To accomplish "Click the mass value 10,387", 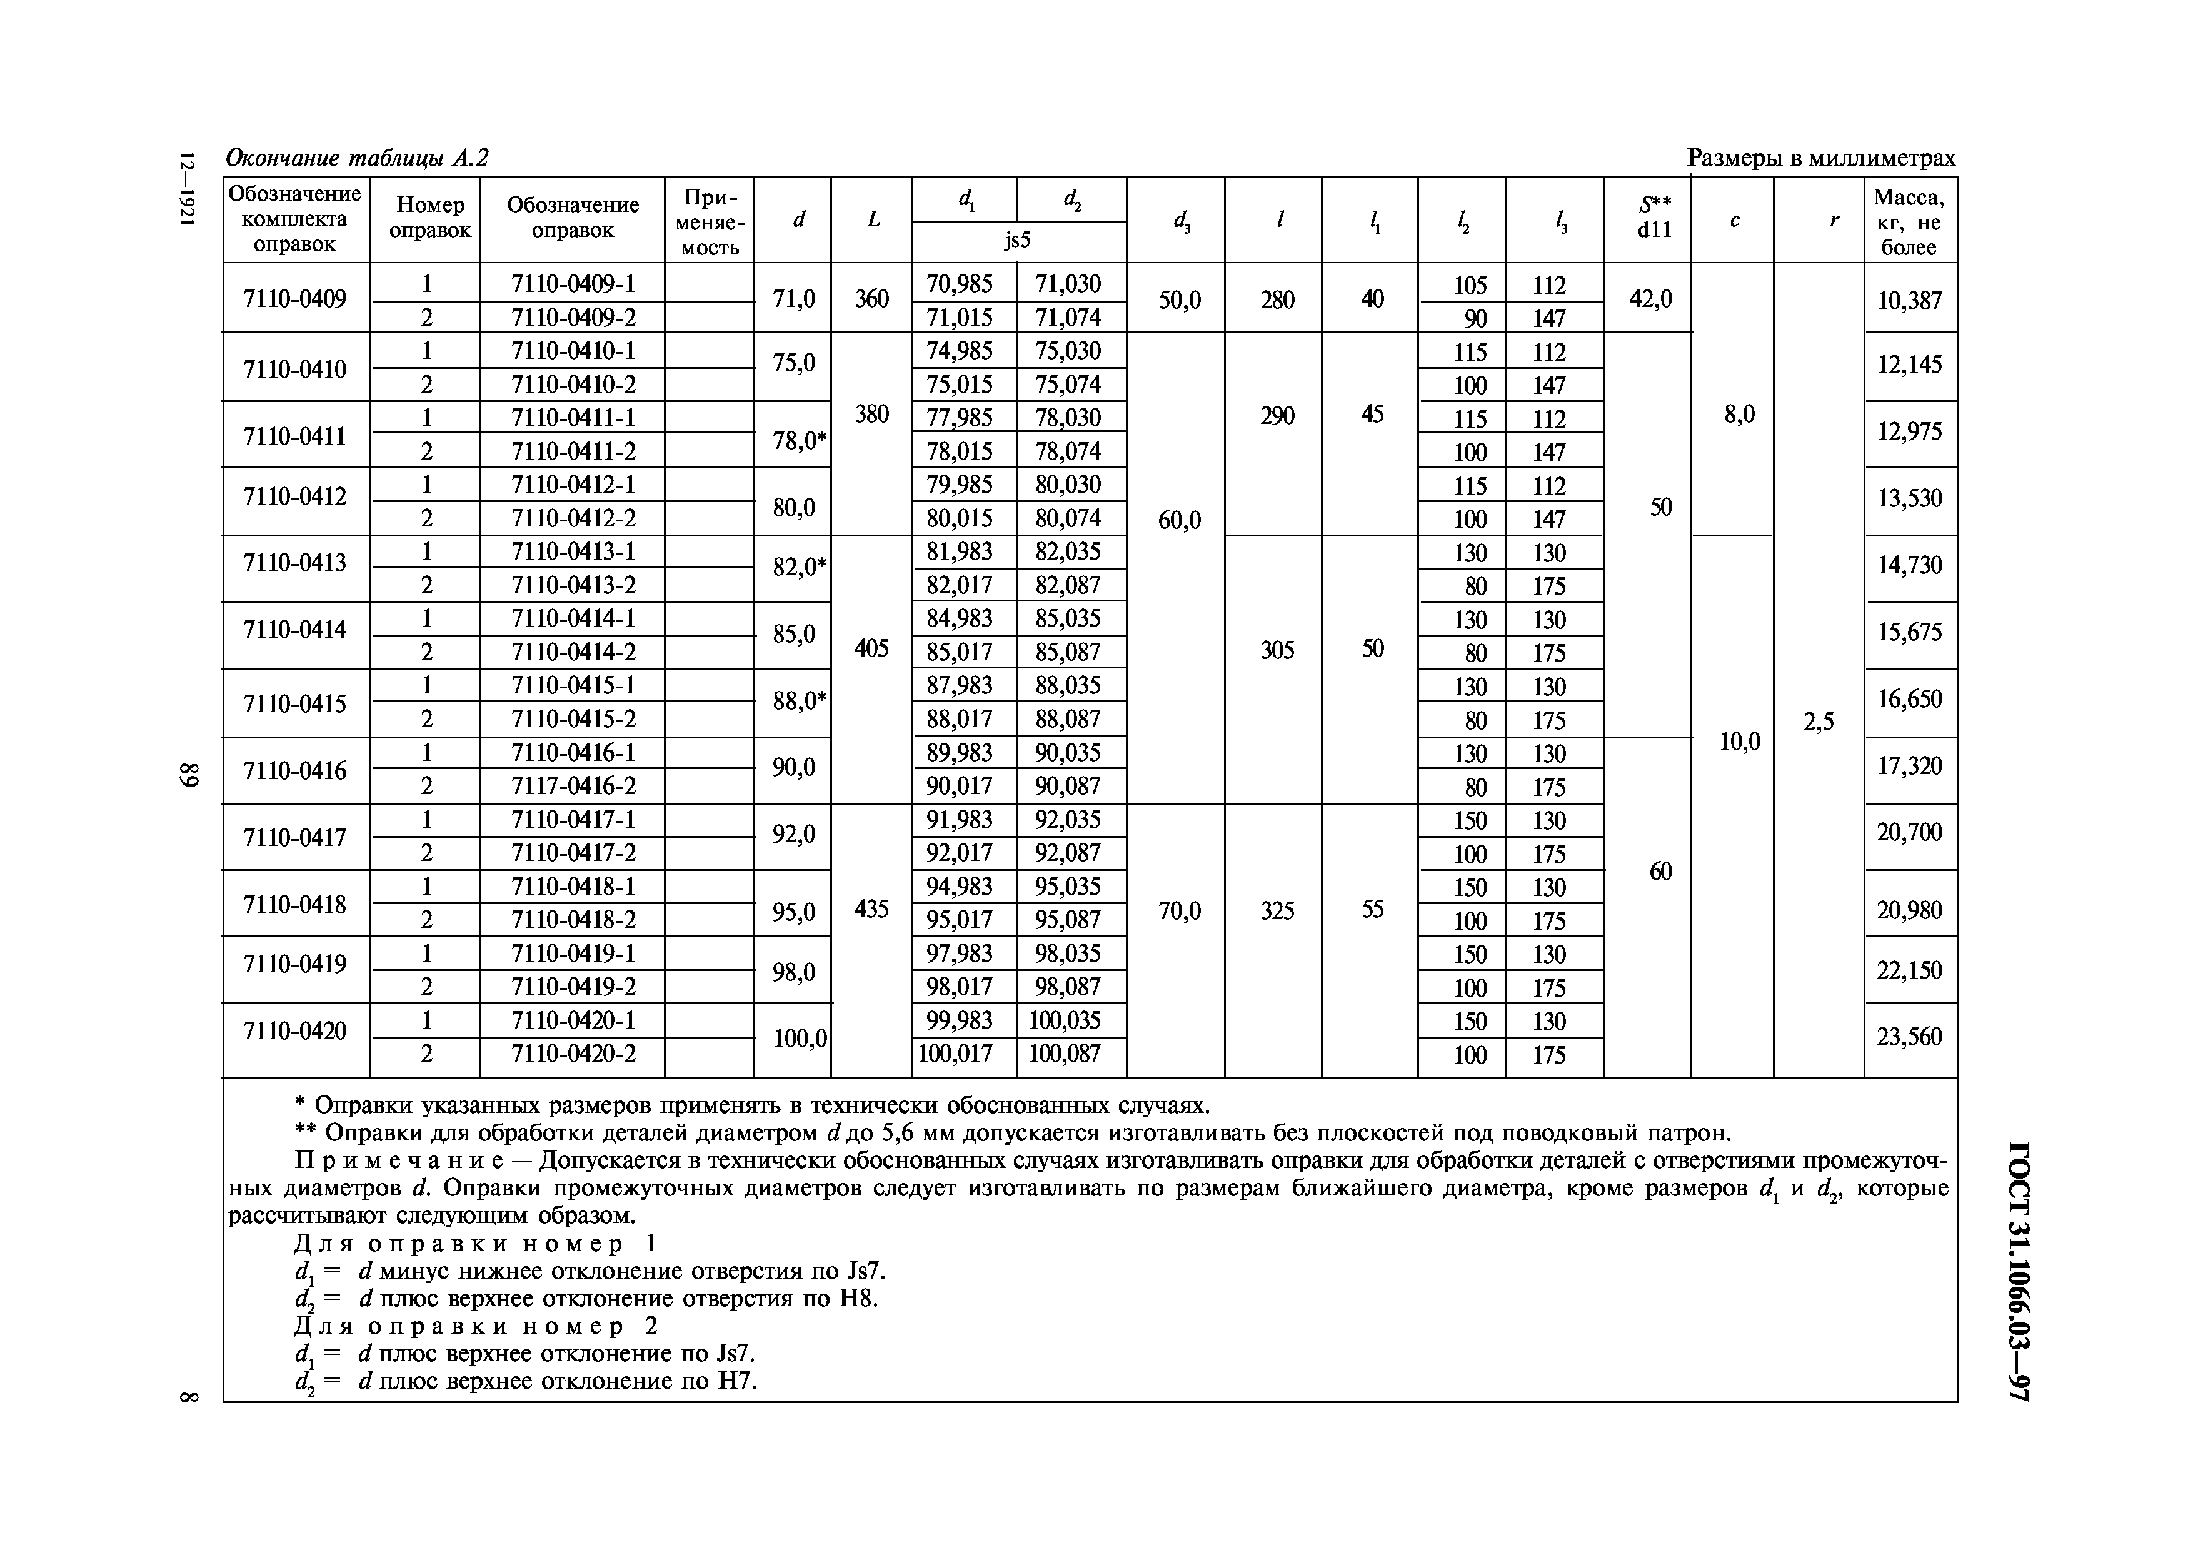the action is point(1909,301).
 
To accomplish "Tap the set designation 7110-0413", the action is point(295,563).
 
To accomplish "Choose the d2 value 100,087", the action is point(1065,1054).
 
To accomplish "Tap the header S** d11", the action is point(1654,218).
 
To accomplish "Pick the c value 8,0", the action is point(1739,415).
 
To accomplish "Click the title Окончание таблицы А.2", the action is point(356,158).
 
